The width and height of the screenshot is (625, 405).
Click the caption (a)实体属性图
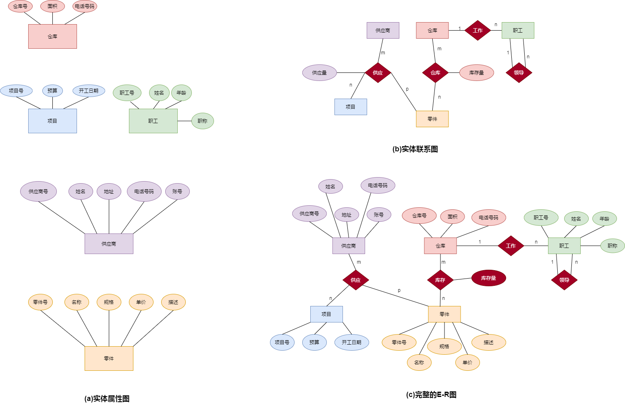107,399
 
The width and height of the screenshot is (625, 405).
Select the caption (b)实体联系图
415,149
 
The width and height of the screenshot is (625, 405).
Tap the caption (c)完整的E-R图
431,395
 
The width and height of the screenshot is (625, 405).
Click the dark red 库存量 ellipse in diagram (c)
488,278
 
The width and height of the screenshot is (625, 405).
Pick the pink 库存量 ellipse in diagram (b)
476,73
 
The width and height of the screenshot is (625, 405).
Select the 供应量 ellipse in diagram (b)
319,73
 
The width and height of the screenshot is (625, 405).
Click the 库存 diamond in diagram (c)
440,280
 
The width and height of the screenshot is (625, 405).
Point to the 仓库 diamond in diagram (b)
435,73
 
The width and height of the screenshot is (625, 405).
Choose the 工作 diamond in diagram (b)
478,31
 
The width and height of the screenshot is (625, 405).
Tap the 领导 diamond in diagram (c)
564,280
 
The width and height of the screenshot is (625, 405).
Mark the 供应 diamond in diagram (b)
378,73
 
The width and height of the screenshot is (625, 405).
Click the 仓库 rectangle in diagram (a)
52,36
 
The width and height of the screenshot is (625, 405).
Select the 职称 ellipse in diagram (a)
202,121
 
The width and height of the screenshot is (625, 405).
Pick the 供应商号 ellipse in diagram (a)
38,192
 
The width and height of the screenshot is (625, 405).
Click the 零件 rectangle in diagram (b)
432,119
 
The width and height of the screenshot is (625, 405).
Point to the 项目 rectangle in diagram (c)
326,314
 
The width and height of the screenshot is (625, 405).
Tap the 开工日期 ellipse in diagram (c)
351,342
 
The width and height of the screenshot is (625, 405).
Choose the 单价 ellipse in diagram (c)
467,362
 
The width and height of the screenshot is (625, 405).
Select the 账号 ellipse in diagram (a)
177,192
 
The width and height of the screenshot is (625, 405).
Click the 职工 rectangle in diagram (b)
518,31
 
